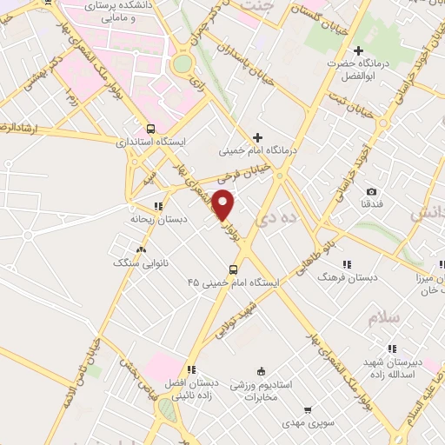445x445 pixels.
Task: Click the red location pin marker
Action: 223,204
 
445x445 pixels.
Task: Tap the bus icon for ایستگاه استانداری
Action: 150,126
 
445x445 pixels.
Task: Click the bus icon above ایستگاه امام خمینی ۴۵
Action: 233,269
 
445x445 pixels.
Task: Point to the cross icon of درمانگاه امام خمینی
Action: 256,137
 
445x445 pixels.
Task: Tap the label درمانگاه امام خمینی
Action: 257,150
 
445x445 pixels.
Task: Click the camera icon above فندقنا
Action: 371,191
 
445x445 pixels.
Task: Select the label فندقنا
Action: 371,204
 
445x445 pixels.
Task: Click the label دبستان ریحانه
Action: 157,220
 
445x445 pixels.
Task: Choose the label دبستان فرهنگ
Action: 347,276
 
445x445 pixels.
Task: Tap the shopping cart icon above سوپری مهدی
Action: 307,409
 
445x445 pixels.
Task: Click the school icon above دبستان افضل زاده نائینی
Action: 190,369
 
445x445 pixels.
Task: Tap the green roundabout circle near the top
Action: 182,63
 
